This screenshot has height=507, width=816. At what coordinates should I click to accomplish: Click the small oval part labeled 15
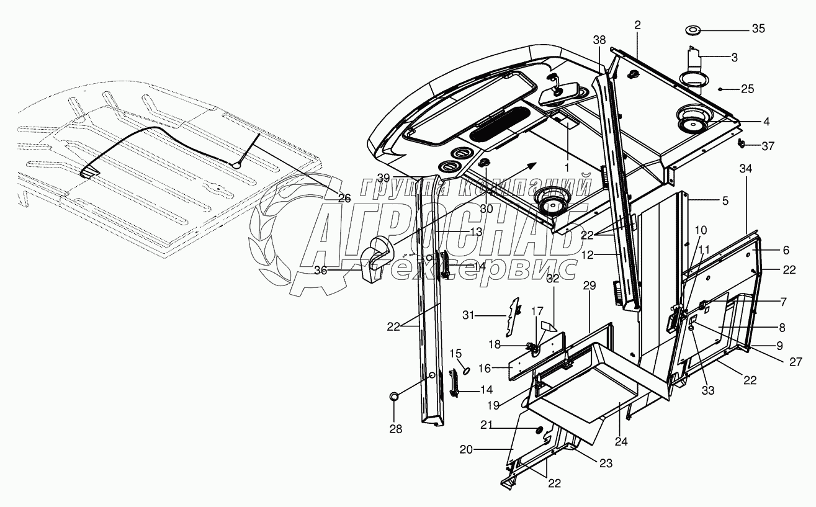tap(465, 370)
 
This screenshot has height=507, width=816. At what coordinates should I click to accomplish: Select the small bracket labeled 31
tap(514, 316)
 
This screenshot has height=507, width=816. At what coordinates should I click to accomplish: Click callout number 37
tap(768, 146)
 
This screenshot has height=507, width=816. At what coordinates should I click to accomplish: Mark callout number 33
tap(707, 392)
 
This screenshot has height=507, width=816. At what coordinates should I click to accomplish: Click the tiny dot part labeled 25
tap(720, 89)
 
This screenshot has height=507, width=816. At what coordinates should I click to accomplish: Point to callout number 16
tap(485, 368)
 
